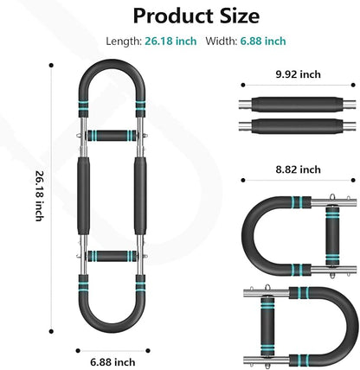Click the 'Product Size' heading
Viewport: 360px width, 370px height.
click(196, 16)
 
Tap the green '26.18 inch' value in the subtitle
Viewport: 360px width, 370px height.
click(170, 41)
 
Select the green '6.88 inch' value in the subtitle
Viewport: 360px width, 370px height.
click(263, 41)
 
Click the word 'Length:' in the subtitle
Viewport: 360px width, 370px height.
click(124, 41)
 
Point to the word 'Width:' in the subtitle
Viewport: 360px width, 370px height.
click(222, 41)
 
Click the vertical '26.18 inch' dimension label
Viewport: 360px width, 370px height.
click(39, 196)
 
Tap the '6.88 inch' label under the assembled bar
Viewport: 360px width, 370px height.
click(112, 362)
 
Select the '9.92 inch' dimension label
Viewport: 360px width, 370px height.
click(298, 74)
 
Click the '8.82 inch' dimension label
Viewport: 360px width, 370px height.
click(298, 169)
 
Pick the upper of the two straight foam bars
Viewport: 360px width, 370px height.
click(298, 105)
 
